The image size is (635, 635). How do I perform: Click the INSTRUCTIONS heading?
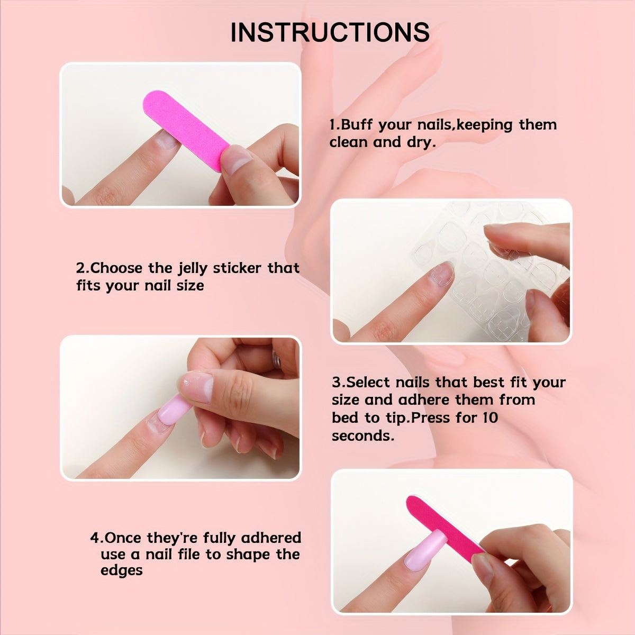(x=330, y=33)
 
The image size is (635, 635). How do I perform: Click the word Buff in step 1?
(x=358, y=125)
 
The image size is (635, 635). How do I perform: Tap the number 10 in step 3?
(x=490, y=418)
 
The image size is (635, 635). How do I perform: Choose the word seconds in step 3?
(x=362, y=436)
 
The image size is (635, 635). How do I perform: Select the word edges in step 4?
(x=121, y=571)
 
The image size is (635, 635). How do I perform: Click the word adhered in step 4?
(x=270, y=538)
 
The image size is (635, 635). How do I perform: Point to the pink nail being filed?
(x=425, y=550)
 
